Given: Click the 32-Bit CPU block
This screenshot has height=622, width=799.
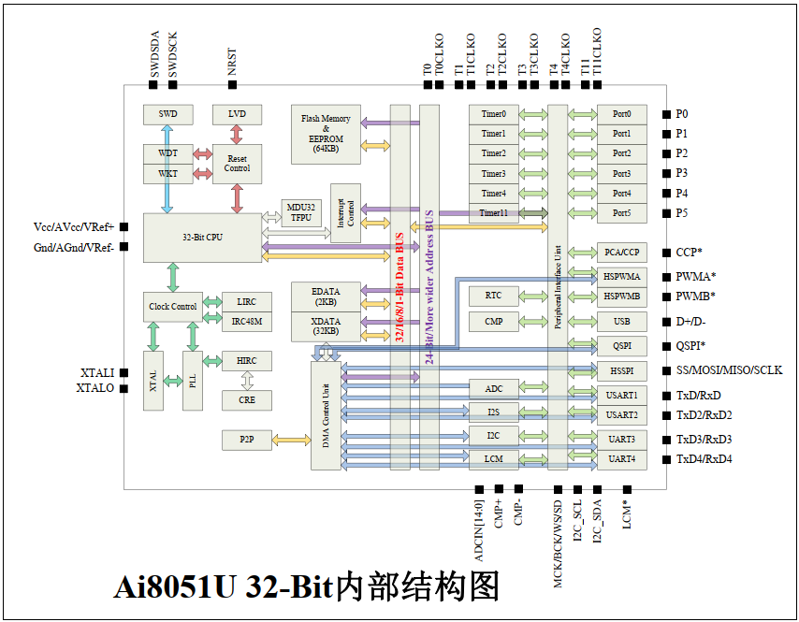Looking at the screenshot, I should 202,237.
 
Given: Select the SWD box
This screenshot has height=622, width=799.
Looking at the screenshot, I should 167,114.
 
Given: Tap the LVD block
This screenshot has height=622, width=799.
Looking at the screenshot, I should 237,114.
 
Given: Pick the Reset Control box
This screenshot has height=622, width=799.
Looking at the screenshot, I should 237,164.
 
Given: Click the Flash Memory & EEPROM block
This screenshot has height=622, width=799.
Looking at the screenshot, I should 326,130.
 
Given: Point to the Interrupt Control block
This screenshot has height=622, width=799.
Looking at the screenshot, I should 345,213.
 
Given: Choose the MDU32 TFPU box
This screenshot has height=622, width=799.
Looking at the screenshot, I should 300,211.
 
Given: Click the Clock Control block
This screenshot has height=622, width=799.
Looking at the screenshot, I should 172,307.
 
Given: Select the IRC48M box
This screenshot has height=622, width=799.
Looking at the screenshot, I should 246,322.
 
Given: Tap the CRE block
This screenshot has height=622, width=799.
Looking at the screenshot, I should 246,399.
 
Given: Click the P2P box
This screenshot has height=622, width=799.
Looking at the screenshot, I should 246,439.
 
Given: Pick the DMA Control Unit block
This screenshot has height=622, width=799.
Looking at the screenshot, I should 326,415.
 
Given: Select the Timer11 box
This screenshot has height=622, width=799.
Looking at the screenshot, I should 493,213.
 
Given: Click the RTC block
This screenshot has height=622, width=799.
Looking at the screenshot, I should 493,296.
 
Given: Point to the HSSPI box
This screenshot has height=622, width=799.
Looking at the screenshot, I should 622,370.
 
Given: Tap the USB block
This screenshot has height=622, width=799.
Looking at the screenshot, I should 622,322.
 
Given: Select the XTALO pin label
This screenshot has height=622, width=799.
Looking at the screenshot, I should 95,387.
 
